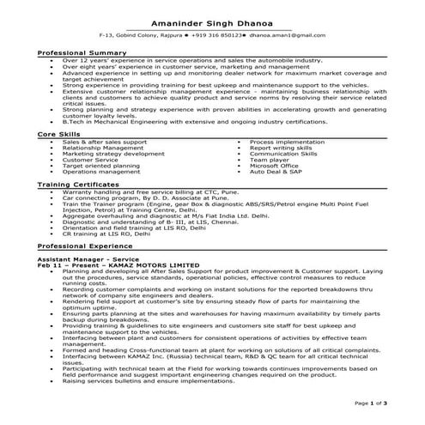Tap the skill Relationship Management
[x=102, y=148]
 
